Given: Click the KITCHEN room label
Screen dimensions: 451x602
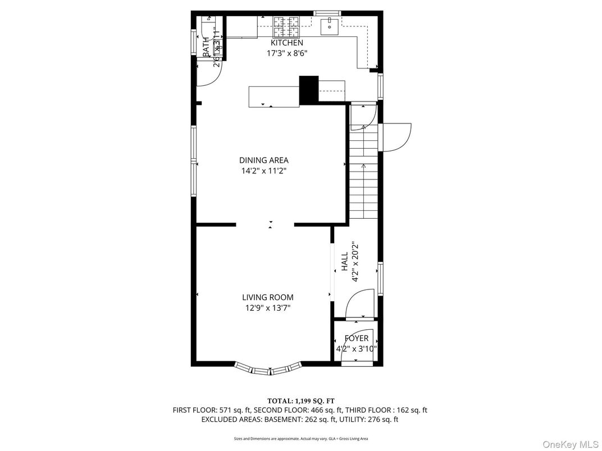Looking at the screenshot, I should click(286, 43).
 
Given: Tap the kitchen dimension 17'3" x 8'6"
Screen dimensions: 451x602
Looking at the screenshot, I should click(286, 53).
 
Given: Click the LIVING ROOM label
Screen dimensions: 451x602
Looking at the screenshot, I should click(267, 297).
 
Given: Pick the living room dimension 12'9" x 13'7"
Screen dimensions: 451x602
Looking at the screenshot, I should click(267, 308).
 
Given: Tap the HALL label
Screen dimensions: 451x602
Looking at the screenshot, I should click(344, 262).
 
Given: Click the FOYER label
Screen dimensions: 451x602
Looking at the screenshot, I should click(356, 338).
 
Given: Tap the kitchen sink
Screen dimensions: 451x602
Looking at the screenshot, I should click(329, 25).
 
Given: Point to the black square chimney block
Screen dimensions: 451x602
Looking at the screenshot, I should click(308, 90).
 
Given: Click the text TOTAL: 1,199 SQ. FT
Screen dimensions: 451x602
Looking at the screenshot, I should click(300, 401).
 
